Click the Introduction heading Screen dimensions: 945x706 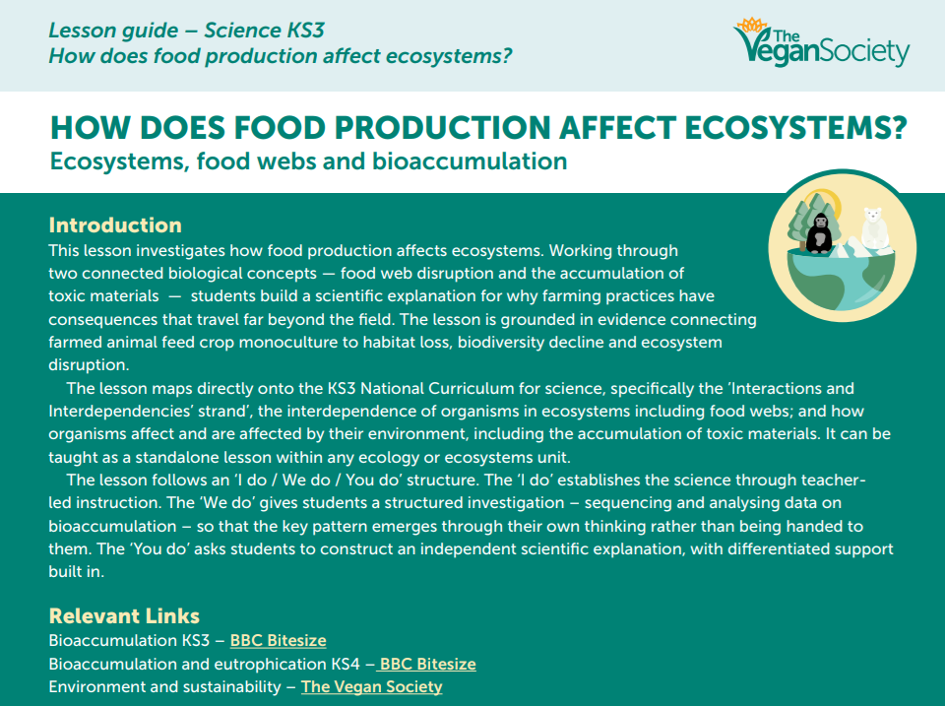point(115,225)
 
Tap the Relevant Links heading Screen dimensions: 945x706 point(124,615)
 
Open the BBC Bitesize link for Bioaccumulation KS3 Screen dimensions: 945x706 point(279,640)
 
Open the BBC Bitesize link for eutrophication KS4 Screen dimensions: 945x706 point(426,664)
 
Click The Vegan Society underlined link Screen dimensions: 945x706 point(372,686)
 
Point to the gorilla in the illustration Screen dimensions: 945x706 point(819,232)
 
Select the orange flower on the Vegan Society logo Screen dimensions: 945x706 point(751,25)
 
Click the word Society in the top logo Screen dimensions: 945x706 point(865,52)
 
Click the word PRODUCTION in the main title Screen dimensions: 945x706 point(443,128)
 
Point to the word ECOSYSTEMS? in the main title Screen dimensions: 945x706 point(795,128)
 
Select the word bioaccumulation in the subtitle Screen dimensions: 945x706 point(470,160)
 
